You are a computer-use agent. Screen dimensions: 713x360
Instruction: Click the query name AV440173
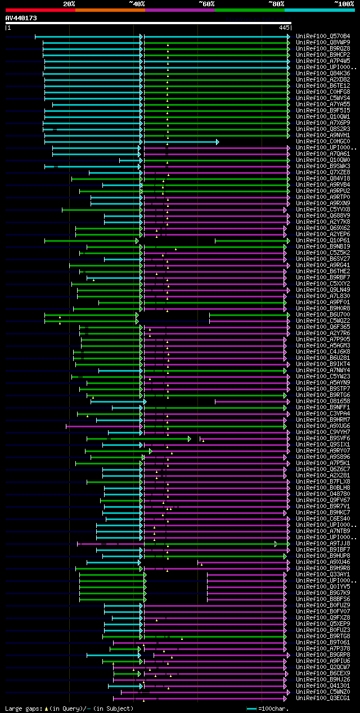click(21, 18)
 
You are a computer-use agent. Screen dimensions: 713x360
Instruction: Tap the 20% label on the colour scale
click(69, 4)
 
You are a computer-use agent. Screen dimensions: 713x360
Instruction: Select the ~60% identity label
click(206, 4)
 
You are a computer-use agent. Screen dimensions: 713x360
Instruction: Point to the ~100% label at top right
click(344, 4)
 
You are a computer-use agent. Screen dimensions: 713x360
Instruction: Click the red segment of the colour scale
click(39, 10)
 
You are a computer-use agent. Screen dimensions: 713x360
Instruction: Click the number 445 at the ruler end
click(284, 27)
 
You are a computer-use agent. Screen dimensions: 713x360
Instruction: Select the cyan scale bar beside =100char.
click(251, 709)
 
